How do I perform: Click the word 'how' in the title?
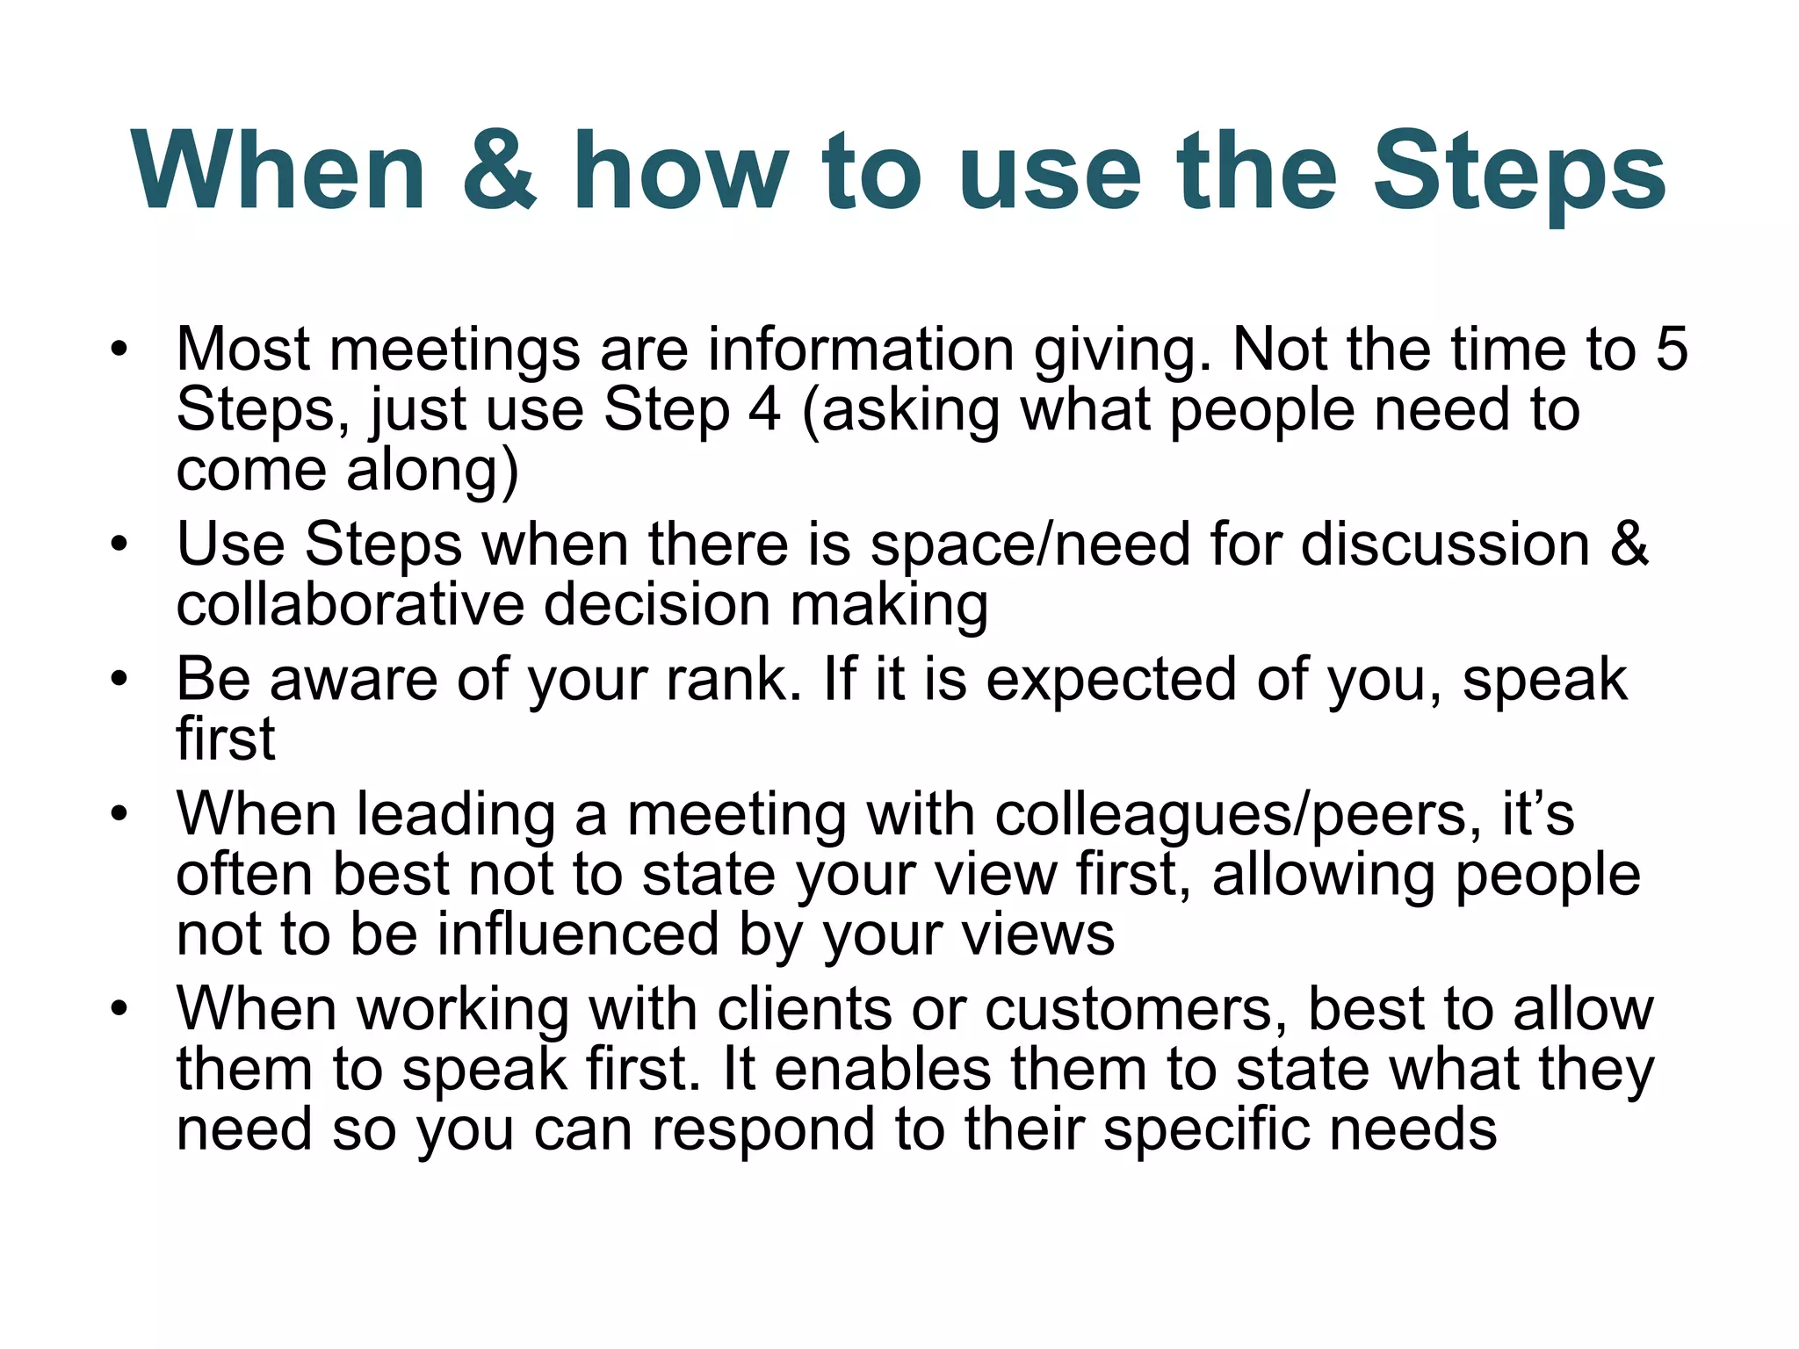coord(681,171)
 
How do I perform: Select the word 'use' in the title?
coord(1050,171)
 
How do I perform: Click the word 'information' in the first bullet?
coord(861,350)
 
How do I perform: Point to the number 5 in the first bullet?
coord(1672,350)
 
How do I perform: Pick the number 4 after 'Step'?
coord(763,409)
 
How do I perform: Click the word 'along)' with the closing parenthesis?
coord(432,471)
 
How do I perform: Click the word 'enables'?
coord(882,1069)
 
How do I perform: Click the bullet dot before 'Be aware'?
coord(119,679)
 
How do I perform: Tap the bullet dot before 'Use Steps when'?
coord(119,545)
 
